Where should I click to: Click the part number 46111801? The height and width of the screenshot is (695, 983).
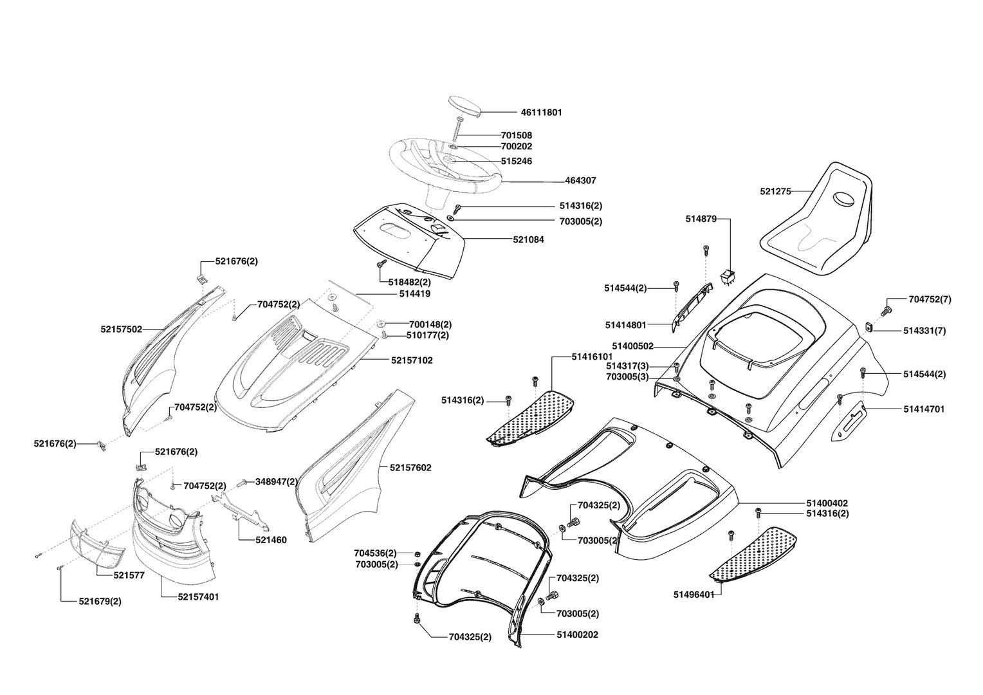[541, 113]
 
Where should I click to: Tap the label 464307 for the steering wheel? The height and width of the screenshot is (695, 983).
[580, 181]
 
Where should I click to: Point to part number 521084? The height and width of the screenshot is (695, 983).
[528, 239]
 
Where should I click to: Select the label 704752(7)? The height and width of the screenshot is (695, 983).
[930, 299]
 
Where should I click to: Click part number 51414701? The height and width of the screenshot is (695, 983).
[924, 409]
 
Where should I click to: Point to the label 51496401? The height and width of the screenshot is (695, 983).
[694, 594]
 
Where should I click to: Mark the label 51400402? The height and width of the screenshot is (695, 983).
[827, 503]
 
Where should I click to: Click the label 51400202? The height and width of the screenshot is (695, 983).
[577, 635]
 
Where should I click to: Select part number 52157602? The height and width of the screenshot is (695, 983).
[410, 468]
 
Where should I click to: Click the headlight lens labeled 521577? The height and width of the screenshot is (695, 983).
[96, 542]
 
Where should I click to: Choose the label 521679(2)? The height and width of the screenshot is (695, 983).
[100, 601]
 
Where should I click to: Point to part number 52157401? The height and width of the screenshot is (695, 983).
[198, 597]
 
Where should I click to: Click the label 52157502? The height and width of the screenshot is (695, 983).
[121, 329]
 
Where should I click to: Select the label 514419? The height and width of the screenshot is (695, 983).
[414, 294]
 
